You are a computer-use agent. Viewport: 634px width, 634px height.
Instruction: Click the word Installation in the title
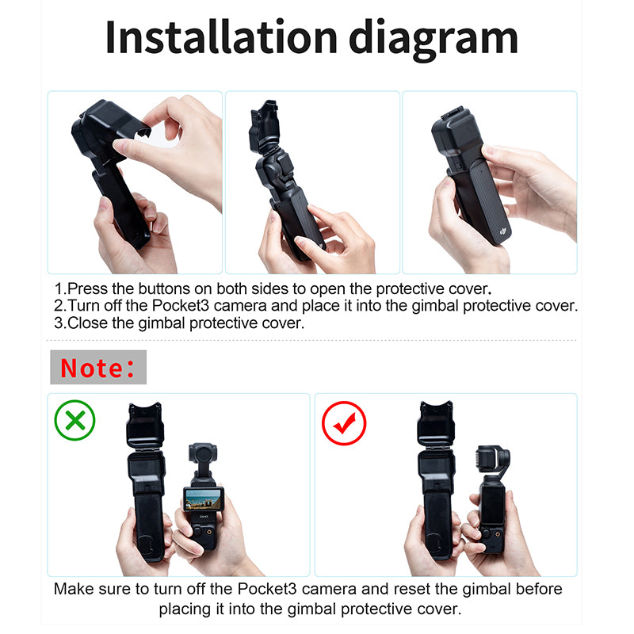click(x=221, y=37)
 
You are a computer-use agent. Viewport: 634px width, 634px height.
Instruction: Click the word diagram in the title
click(x=433, y=40)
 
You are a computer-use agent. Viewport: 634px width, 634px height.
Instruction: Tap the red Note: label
click(x=97, y=368)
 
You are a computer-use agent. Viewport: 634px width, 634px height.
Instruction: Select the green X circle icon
click(x=74, y=420)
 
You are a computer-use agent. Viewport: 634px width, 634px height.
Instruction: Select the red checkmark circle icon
click(x=344, y=423)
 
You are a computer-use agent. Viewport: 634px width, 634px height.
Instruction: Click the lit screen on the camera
click(x=204, y=499)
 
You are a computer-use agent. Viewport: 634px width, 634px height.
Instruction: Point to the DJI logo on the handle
click(x=503, y=231)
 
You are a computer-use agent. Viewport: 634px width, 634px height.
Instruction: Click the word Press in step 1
click(x=88, y=288)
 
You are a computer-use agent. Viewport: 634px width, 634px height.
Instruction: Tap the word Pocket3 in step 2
click(x=181, y=306)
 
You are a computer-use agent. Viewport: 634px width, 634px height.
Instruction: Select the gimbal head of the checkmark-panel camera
click(x=492, y=460)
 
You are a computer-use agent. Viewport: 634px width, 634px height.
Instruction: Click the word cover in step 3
click(x=283, y=323)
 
